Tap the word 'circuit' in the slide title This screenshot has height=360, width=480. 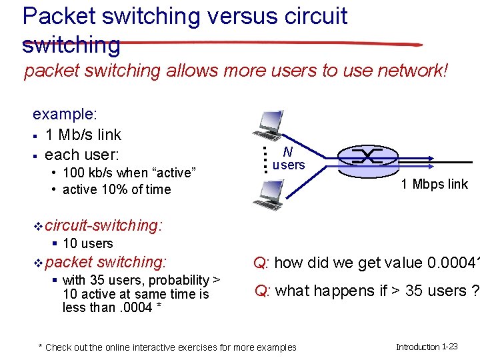[x=319, y=15]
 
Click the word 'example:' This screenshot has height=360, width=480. [x=65, y=114]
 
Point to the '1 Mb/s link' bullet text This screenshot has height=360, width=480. [x=83, y=135]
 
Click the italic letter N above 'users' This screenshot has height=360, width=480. [x=288, y=152]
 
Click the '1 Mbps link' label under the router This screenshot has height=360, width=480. [x=434, y=185]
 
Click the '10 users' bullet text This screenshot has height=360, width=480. [x=87, y=244]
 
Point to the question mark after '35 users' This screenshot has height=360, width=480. [x=474, y=291]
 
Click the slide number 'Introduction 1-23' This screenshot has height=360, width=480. [x=427, y=347]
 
